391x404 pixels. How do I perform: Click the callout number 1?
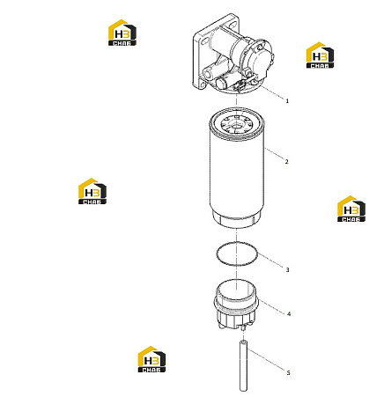(287, 101)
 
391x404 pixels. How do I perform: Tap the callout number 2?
(287, 161)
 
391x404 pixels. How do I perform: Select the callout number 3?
(287, 269)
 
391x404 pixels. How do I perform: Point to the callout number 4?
(289, 314)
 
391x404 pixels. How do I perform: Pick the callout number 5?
(288, 372)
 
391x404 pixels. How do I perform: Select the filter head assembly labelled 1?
(232, 54)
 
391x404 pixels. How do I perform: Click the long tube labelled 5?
(243, 365)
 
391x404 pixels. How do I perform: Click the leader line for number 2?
(274, 153)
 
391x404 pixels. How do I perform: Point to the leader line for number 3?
(271, 261)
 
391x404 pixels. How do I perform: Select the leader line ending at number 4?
(272, 306)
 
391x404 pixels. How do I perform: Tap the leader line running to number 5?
(266, 360)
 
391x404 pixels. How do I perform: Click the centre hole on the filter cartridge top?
(235, 126)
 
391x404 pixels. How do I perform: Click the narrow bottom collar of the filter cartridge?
(237, 221)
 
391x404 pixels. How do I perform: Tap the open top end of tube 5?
(243, 342)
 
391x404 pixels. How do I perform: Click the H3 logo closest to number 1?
(320, 55)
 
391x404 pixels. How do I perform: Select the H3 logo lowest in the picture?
(151, 359)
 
